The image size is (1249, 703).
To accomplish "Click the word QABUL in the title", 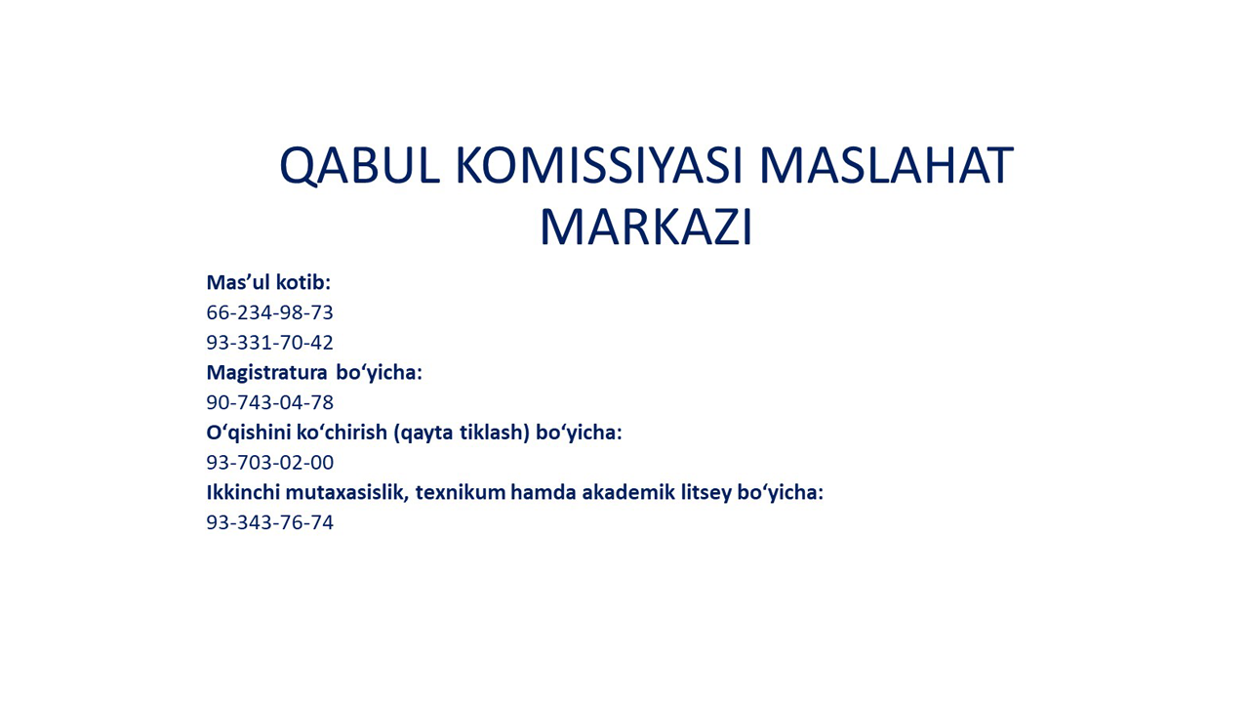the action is click(360, 166).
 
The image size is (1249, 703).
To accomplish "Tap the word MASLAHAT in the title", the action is click(886, 165).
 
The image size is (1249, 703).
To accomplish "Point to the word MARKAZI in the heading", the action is click(646, 227).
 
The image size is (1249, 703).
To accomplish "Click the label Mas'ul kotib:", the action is click(268, 282).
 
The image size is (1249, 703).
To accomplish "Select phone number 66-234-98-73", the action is click(270, 312).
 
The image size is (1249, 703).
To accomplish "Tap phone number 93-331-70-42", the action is click(270, 342).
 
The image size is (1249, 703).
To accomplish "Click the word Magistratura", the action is click(266, 373).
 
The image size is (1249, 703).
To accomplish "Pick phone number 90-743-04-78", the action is click(270, 402).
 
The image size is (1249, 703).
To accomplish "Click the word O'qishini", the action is click(248, 433).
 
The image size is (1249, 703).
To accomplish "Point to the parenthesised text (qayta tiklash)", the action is click(462, 434).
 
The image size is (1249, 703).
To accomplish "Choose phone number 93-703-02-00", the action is click(270, 463).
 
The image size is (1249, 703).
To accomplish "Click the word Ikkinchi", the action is click(243, 493).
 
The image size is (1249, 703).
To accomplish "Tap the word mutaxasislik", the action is click(347, 493).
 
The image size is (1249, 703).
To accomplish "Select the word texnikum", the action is click(461, 493).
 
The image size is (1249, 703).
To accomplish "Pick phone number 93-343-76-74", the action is click(270, 522).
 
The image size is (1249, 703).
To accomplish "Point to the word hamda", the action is click(544, 493).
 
